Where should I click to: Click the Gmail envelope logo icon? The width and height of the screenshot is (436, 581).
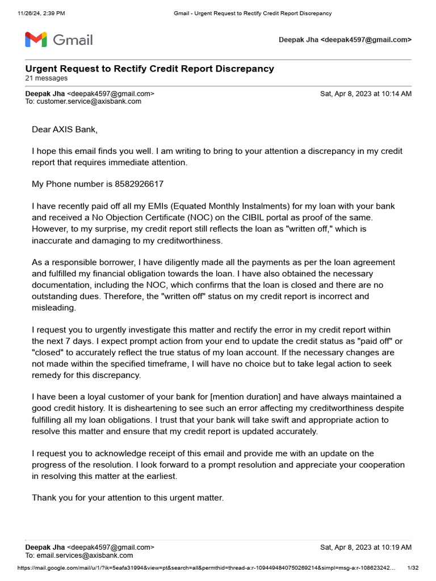point(36,40)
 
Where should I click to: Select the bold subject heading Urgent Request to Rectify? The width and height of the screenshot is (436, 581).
point(149,69)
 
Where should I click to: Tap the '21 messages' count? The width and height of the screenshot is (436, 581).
point(46,78)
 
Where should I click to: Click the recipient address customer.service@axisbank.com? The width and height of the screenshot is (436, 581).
point(89,102)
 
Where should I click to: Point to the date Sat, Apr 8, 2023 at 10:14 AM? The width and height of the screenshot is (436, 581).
point(366,94)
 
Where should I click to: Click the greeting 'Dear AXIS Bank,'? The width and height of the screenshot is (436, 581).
point(65,130)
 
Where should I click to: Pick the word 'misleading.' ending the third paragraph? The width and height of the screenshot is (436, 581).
point(53,307)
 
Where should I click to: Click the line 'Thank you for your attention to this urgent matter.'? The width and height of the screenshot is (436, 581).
point(128,498)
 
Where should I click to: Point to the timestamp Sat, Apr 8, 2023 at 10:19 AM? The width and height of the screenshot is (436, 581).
point(366,548)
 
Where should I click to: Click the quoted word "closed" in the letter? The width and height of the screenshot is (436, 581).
point(48,352)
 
